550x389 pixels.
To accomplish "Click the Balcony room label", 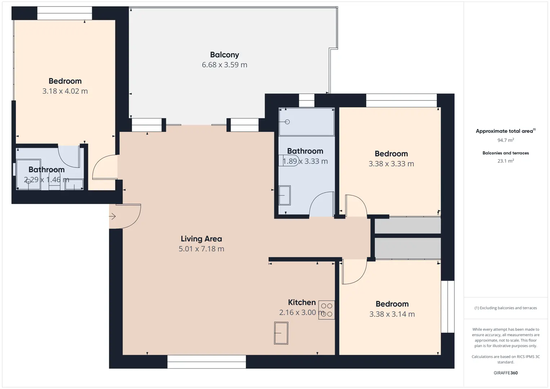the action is pyautogui.click(x=225, y=55).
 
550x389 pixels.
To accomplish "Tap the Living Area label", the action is pyautogui.click(x=201, y=238).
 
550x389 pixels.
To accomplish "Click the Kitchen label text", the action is pyautogui.click(x=302, y=302).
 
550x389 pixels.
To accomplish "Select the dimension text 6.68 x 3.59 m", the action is pyautogui.click(x=225, y=65).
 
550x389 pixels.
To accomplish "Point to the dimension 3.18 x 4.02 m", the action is pyautogui.click(x=65, y=91).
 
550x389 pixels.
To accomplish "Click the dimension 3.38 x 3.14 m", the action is pyautogui.click(x=392, y=314).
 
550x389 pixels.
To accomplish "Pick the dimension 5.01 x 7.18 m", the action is pyautogui.click(x=201, y=249).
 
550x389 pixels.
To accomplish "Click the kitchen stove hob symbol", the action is pyautogui.click(x=327, y=310).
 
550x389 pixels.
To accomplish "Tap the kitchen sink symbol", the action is pyautogui.click(x=281, y=333).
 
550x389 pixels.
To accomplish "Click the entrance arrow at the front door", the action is pyautogui.click(x=112, y=216).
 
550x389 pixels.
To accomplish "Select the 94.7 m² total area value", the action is pyautogui.click(x=506, y=140).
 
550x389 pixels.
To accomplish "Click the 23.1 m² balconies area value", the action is pyautogui.click(x=506, y=161).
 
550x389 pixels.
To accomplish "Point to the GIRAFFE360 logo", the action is pyautogui.click(x=506, y=373).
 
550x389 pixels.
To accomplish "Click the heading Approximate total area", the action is pyautogui.click(x=506, y=131).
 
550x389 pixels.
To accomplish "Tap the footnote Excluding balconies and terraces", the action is pyautogui.click(x=506, y=308).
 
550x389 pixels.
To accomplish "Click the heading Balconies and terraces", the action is pyautogui.click(x=506, y=153).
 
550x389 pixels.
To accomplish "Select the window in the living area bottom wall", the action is pyautogui.click(x=207, y=362).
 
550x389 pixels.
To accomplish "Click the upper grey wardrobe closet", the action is pyautogui.click(x=408, y=225).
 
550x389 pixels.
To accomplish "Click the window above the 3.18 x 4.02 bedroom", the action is pyautogui.click(x=65, y=13).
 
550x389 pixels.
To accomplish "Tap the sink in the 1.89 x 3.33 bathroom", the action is pyautogui.click(x=285, y=195).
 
